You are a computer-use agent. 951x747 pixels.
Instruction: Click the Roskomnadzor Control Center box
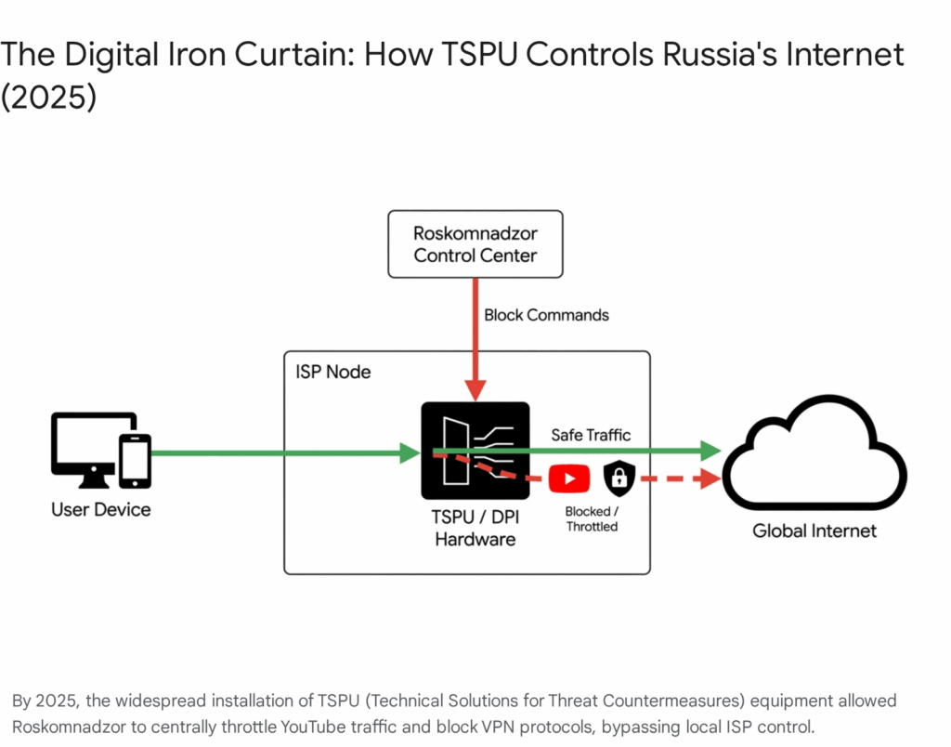point(475,243)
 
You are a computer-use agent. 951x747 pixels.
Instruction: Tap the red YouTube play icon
point(568,478)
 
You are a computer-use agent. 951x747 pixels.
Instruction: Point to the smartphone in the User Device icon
point(136,460)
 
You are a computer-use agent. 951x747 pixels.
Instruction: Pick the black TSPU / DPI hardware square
point(475,451)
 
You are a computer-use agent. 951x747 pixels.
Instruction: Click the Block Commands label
point(546,315)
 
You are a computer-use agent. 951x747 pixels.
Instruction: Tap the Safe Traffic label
point(591,434)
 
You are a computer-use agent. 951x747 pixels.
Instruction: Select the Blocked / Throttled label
point(591,518)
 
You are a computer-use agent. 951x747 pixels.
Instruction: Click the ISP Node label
point(332,372)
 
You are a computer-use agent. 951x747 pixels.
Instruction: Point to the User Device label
point(101,509)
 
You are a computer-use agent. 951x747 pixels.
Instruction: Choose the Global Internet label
point(814,531)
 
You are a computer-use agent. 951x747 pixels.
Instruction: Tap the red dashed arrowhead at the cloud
point(712,479)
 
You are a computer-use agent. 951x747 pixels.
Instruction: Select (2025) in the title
point(48,97)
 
